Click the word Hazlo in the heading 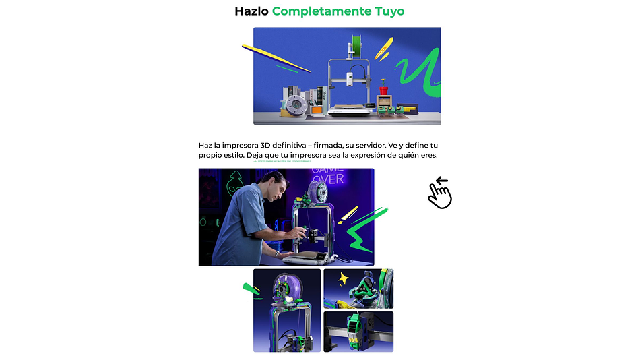pyautogui.click(x=251, y=11)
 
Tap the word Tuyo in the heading pyautogui.click(x=385, y=11)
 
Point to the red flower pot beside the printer pyautogui.click(x=384, y=90)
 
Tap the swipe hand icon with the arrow pyautogui.click(x=440, y=193)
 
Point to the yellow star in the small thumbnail pyautogui.click(x=343, y=278)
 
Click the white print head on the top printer pyautogui.click(x=351, y=82)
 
